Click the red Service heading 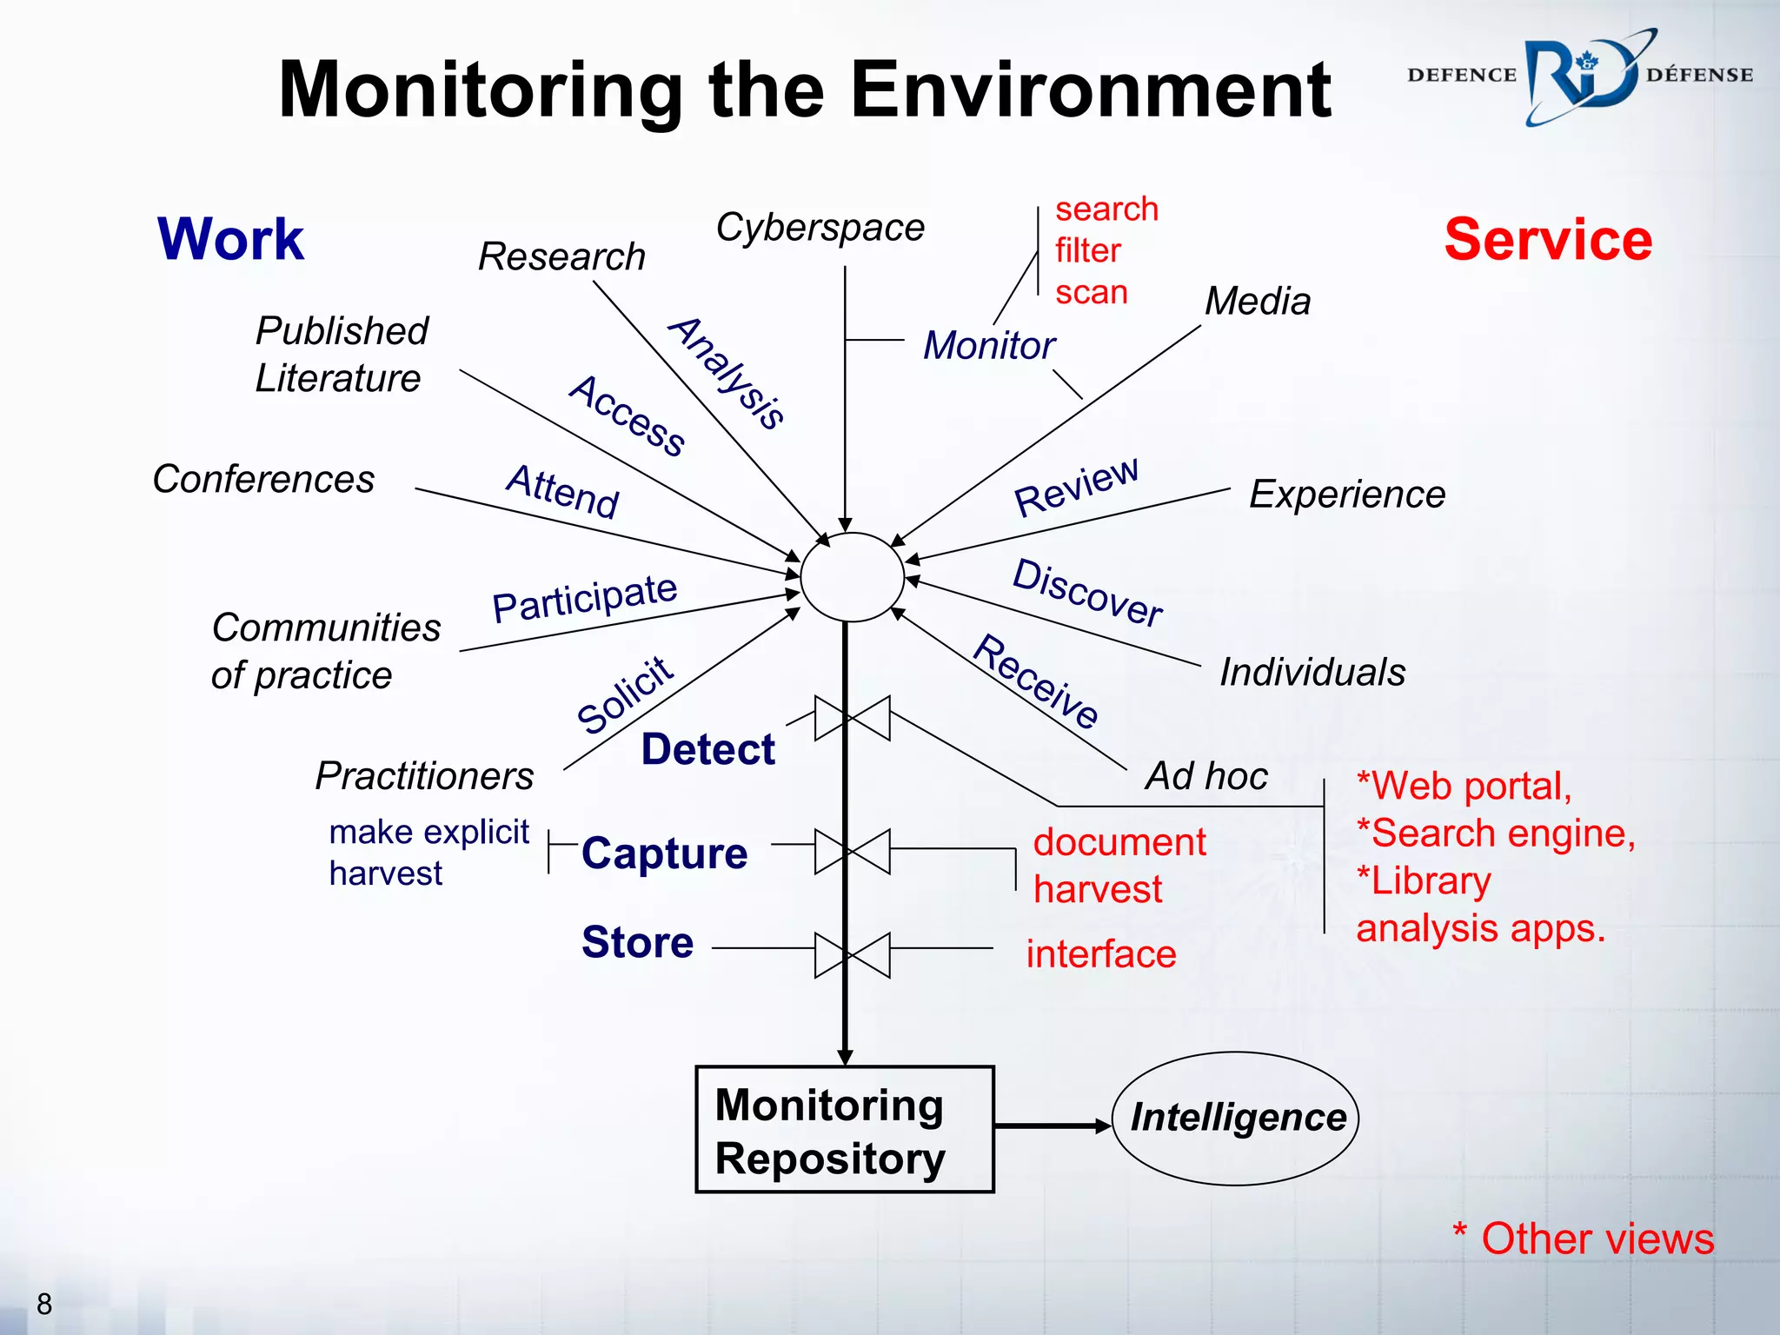click(1548, 240)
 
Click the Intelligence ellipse click(1236, 1119)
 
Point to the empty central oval click(852, 577)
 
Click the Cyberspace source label click(820, 228)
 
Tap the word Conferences click(263, 479)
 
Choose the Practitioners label click(424, 775)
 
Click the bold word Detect click(707, 749)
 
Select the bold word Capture click(664, 853)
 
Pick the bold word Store click(637, 942)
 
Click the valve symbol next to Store click(852, 955)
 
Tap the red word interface click(1100, 954)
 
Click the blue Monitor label click(988, 345)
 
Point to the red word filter click(1087, 251)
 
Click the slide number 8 click(44, 1304)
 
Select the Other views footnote click(1583, 1238)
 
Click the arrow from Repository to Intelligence click(1052, 1126)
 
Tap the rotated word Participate click(584, 598)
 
